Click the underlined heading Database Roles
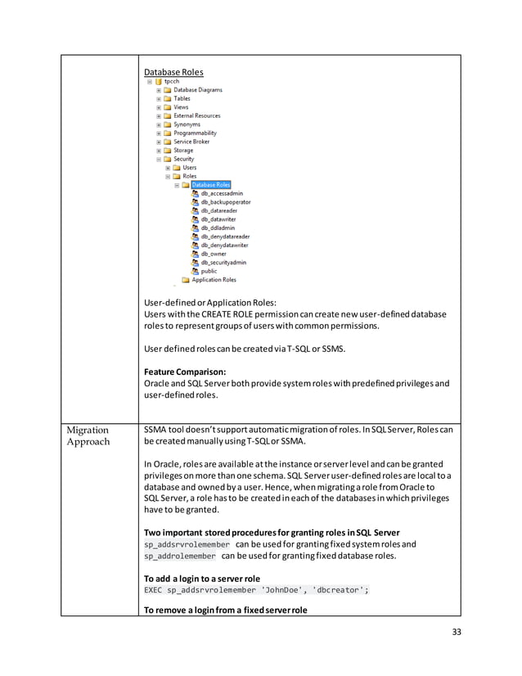pos(173,72)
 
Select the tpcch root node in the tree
pos(171,82)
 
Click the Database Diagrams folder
pos(197,90)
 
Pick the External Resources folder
pos(196,116)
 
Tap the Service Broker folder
pos(191,142)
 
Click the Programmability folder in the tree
pos(195,133)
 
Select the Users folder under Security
pos(189,168)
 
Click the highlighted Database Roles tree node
pos(210,185)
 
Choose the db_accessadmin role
pos(222,193)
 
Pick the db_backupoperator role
pos(226,202)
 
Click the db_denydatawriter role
pos(225,245)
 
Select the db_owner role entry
pos(214,254)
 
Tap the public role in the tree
pos(209,271)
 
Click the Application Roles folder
pos(214,280)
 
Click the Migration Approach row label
pos(88,436)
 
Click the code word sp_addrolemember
pos(180,557)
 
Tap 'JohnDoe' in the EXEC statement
pos(282,591)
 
